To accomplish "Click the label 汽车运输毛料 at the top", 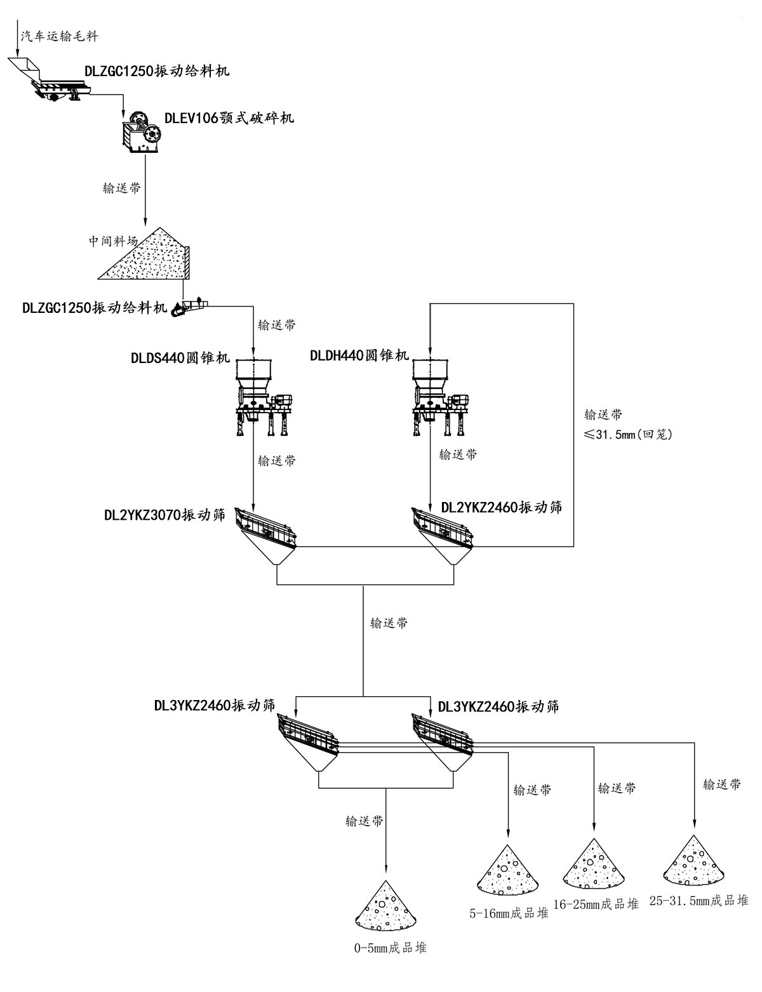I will (x=60, y=36).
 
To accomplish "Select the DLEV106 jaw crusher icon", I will (x=142, y=131).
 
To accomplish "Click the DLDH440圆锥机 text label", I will (x=359, y=356).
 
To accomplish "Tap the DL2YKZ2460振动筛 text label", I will (x=502, y=507).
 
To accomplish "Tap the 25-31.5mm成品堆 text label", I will (x=698, y=900).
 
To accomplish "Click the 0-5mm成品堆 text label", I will (x=390, y=948).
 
